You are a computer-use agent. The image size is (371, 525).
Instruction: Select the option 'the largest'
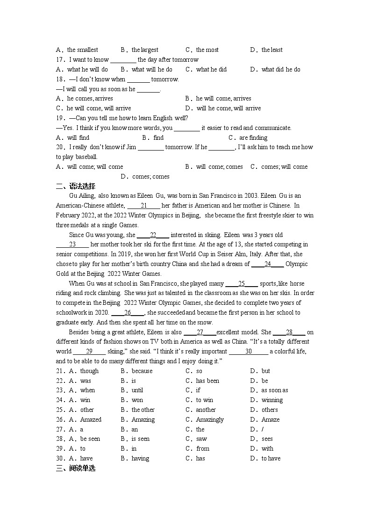144,50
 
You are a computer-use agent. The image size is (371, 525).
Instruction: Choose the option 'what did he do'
281,70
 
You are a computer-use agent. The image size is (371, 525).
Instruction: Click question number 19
60,118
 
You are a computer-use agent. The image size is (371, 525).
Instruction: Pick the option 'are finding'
253,138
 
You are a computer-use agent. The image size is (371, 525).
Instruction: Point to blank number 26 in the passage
127,313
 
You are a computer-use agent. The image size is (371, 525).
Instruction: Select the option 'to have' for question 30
271,459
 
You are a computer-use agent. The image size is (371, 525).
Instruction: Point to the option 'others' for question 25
270,410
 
